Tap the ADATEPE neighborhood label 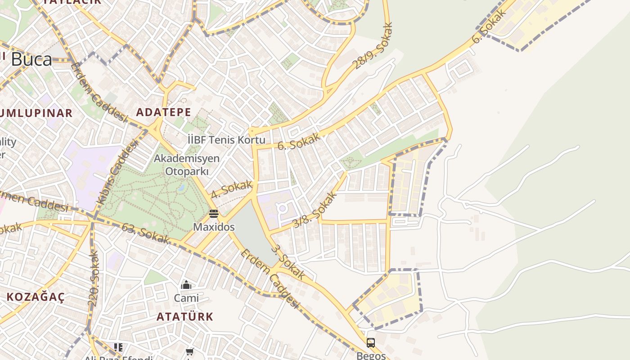[x=163, y=112]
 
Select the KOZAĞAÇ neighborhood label [x=36, y=297]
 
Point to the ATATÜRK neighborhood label [x=185, y=316]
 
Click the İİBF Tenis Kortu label [x=226, y=140]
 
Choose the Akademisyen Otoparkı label [x=187, y=165]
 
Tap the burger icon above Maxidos [x=214, y=213]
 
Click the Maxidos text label [x=214, y=227]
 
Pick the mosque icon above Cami [x=186, y=285]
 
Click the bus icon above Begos [x=371, y=343]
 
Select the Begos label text [x=371, y=355]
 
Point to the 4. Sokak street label [x=231, y=189]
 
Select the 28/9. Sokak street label [x=373, y=47]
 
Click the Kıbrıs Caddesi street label [x=117, y=172]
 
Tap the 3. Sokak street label [x=288, y=262]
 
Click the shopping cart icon [x=190, y=351]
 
